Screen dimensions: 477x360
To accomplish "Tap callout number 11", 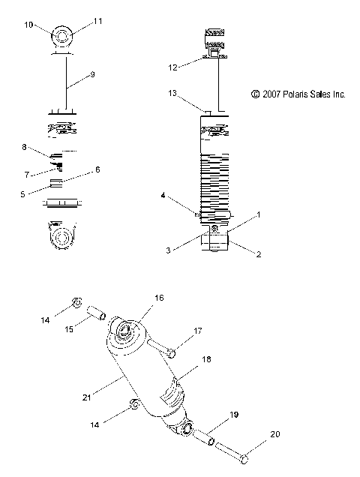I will pyautogui.click(x=97, y=23).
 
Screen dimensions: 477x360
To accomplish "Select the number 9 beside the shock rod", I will pyautogui.click(x=92, y=75).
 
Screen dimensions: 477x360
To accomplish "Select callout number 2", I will pyautogui.click(x=258, y=254).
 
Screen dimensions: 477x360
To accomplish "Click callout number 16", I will pyautogui.click(x=158, y=298).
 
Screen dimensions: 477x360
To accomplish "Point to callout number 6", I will pyautogui.click(x=97, y=170).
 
